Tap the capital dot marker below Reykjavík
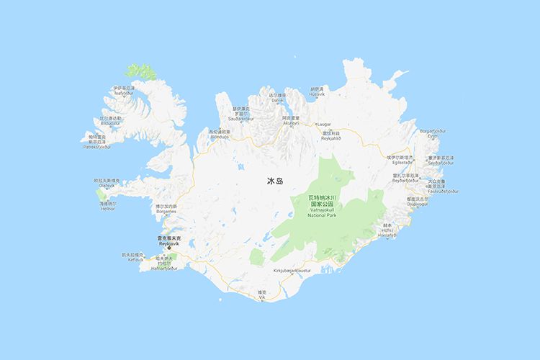(x=169, y=249)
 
